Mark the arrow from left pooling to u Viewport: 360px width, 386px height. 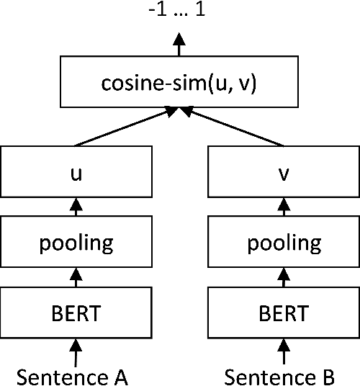pos(76,207)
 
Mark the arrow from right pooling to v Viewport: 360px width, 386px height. pos(283,207)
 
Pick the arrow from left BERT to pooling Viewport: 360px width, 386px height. pos(76,277)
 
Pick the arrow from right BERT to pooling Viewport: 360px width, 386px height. pos(283,277)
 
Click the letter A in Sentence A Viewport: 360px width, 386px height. pos(120,376)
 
